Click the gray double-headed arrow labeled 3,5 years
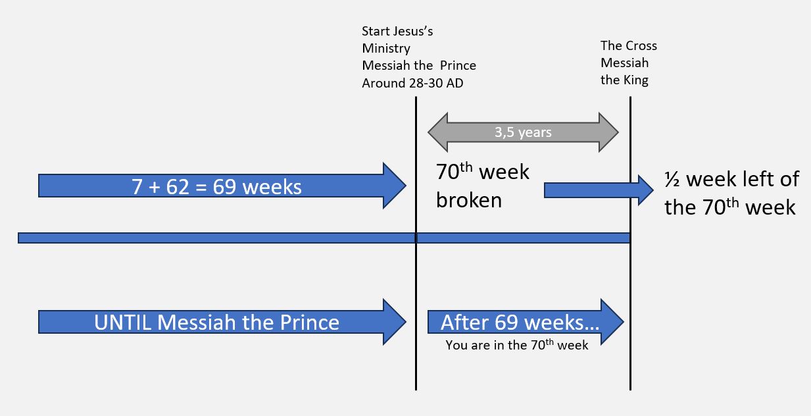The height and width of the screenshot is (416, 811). pyautogui.click(x=523, y=132)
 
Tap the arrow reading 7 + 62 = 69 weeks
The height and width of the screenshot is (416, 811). pyautogui.click(x=222, y=186)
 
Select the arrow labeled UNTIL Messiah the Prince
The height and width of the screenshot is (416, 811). pyautogui.click(x=222, y=322)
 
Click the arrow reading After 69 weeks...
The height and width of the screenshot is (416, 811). pyautogui.click(x=526, y=322)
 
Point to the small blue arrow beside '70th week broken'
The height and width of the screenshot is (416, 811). pyautogui.click(x=599, y=190)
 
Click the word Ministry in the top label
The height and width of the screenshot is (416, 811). pyautogui.click(x=386, y=48)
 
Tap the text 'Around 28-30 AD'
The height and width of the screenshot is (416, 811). pyautogui.click(x=412, y=83)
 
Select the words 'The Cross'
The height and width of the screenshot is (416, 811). pyautogui.click(x=629, y=45)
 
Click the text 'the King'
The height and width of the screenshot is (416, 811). pyautogui.click(x=624, y=80)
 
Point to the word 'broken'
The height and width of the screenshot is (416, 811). pyautogui.click(x=469, y=200)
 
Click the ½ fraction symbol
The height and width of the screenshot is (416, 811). pyautogui.click(x=672, y=179)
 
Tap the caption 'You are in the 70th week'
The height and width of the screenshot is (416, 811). pyautogui.click(x=516, y=345)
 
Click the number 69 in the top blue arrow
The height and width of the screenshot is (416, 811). pyautogui.click(x=224, y=187)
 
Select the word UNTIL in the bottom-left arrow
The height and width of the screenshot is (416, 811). pyautogui.click(x=122, y=322)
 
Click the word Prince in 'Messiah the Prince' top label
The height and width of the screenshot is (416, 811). pyautogui.click(x=458, y=66)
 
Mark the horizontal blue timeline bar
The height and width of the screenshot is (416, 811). pyautogui.click(x=324, y=238)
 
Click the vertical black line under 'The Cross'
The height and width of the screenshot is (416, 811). pyautogui.click(x=630, y=243)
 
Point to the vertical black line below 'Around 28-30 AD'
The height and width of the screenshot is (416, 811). pyautogui.click(x=416, y=243)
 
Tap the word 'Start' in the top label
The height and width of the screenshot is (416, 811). pyautogui.click(x=376, y=31)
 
